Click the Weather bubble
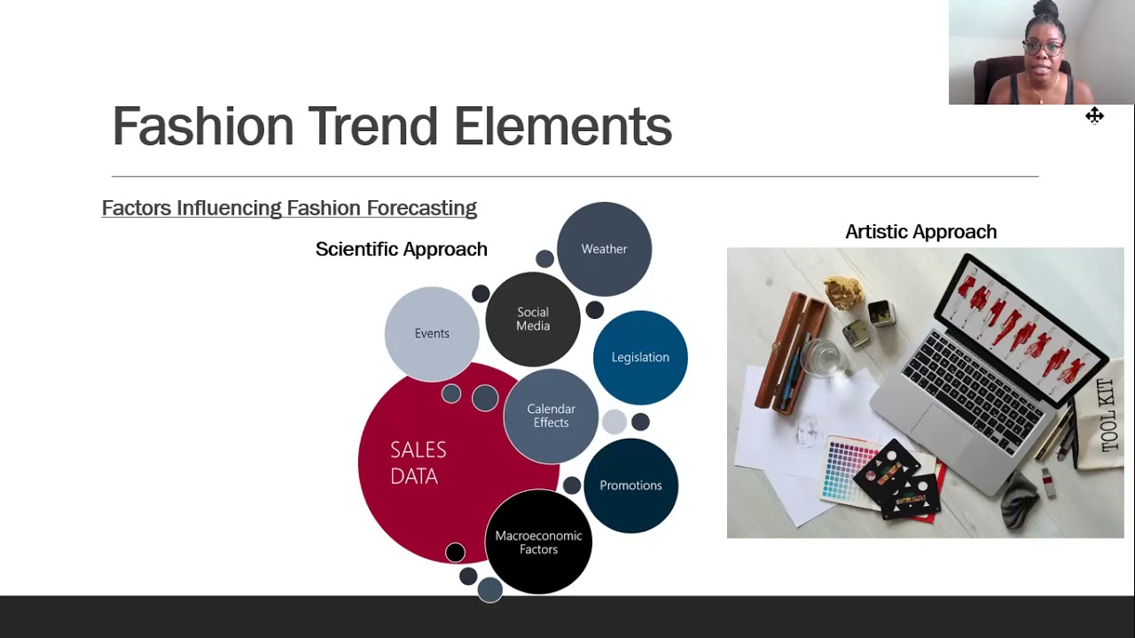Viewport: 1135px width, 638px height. tap(604, 249)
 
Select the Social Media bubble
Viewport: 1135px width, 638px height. tap(533, 319)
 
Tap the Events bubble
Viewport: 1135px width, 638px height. tap(432, 333)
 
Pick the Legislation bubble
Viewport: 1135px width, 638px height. tap(640, 357)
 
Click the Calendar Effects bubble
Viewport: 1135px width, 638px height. tap(551, 416)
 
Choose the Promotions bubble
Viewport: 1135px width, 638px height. tap(630, 486)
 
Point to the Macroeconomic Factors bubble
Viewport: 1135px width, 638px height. tap(538, 542)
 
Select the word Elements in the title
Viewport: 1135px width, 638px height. tap(562, 127)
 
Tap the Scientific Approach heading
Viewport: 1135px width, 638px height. tap(402, 249)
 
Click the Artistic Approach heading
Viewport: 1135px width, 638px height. tap(920, 232)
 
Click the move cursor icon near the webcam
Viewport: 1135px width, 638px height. tap(1094, 115)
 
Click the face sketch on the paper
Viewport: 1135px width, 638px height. tap(807, 432)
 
